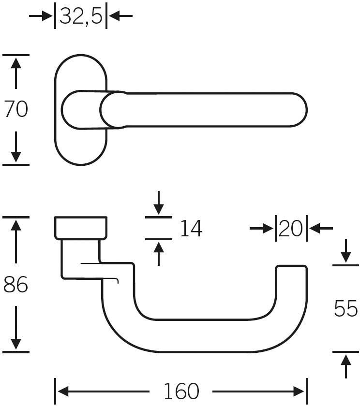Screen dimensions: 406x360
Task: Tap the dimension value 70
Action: tap(16, 109)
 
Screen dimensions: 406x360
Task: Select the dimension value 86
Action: tap(16, 285)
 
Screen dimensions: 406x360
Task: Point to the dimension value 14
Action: tap(191, 228)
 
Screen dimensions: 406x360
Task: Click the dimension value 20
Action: tap(291, 228)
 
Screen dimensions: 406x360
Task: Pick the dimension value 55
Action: tap(345, 308)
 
